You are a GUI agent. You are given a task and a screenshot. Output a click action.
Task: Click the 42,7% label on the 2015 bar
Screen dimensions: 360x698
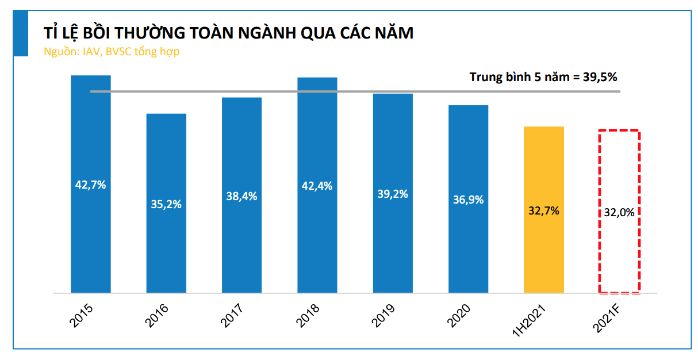point(90,185)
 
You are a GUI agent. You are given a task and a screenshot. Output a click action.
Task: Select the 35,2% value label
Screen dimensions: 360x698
point(166,204)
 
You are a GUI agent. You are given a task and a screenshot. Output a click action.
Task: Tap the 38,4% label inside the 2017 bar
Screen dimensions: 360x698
point(241,196)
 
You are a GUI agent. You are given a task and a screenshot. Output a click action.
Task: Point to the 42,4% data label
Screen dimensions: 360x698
point(317,186)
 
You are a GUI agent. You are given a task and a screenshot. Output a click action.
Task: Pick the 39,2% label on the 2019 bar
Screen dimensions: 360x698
point(393,194)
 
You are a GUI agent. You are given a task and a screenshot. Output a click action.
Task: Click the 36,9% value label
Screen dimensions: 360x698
point(468,200)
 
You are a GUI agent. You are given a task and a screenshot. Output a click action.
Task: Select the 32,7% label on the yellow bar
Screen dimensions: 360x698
point(544,210)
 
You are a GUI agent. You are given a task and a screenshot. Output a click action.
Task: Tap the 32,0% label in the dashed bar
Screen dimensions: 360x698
point(619,212)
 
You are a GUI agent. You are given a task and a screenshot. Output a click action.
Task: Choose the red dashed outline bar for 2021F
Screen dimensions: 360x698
point(619,259)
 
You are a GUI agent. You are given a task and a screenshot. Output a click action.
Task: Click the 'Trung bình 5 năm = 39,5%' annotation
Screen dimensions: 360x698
point(543,76)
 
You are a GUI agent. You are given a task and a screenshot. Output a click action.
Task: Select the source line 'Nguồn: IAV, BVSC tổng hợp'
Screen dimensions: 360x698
point(112,51)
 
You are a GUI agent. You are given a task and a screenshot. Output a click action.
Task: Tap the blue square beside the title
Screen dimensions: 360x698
point(21,34)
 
